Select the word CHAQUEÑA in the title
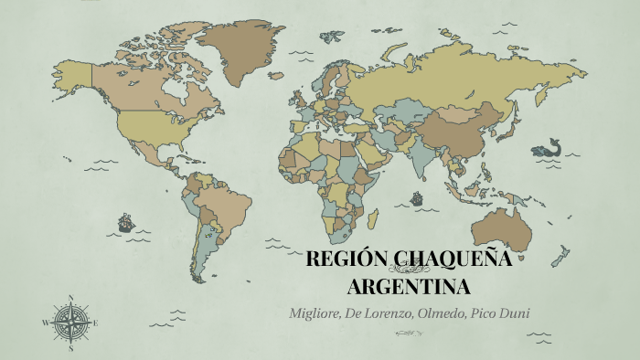coord(453,259)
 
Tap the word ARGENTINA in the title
coord(410,286)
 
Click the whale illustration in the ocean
coord(549,148)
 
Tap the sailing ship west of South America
coord(125,222)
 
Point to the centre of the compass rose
coord(70,322)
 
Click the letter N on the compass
coord(70,297)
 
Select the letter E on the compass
coord(95,323)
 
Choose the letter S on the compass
coord(70,347)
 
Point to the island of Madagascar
coord(373,219)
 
